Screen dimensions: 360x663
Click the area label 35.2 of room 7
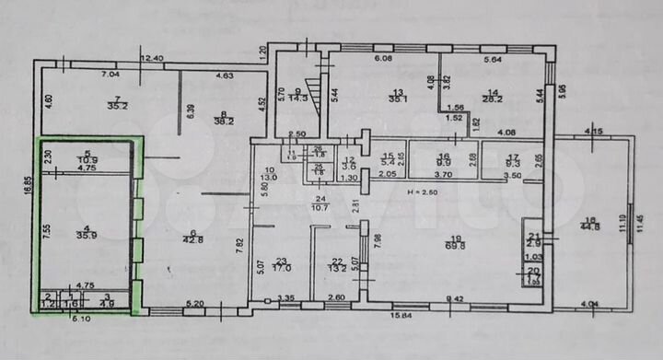coord(117,106)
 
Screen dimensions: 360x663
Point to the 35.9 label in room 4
coord(87,235)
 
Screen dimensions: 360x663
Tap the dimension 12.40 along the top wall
coord(152,59)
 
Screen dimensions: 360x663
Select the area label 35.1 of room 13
coord(398,99)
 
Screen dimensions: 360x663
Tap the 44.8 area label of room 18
coord(590,227)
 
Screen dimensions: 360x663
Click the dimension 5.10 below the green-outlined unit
coord(83,319)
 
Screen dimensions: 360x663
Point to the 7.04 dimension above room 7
coord(110,74)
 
